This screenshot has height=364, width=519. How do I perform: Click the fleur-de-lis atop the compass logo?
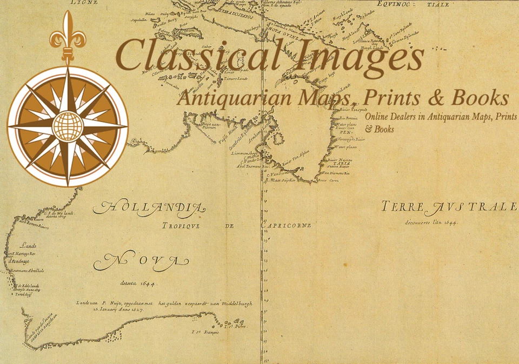pos(68,32)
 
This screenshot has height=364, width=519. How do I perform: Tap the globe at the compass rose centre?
pos(68,125)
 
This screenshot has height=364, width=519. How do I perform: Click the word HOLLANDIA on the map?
pos(149,207)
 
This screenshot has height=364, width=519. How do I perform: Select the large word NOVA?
pos(141,262)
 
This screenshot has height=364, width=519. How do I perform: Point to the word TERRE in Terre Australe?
pos(403,207)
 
